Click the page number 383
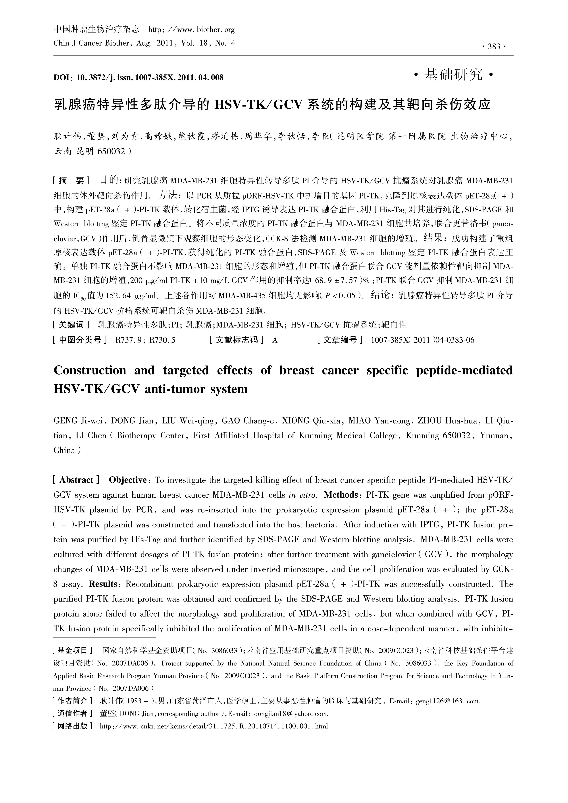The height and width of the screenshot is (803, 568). [x=494, y=47]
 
